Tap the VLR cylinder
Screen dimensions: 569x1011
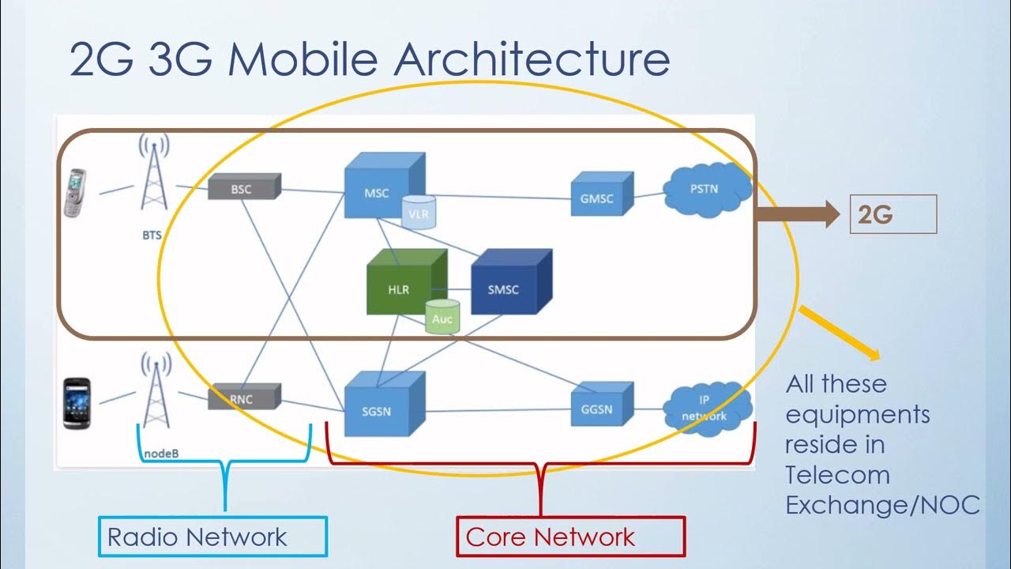coord(419,213)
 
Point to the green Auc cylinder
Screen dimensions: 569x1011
coord(442,317)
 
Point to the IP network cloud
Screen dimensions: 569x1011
coord(705,408)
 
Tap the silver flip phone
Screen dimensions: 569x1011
coord(76,192)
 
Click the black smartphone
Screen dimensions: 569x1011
coord(77,403)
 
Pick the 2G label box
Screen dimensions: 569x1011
coord(893,214)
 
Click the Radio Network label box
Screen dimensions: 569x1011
coord(212,537)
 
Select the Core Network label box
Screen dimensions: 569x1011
coord(570,537)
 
